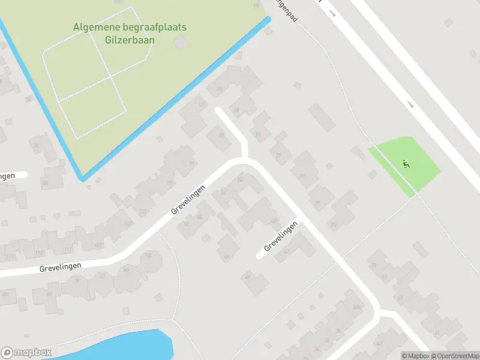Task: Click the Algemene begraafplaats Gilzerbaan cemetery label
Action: [130, 34]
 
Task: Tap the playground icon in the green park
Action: [406, 163]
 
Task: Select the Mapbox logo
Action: [26, 353]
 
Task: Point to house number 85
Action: [219, 89]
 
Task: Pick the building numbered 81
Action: [259, 134]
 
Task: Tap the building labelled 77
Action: [302, 176]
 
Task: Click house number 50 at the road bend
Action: [241, 179]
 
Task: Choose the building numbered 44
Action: [247, 277]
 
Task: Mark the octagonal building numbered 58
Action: [148, 256]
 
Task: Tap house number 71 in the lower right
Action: [373, 265]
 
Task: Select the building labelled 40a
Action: [356, 307]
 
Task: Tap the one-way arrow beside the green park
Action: [410, 104]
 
